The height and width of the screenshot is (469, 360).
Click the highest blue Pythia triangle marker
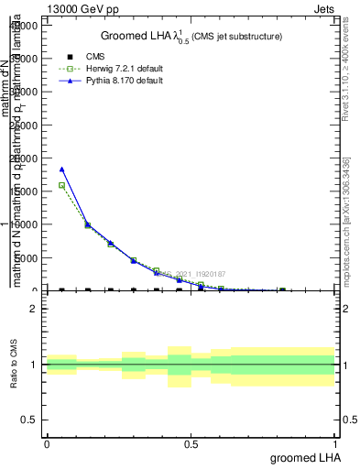[x=61, y=169]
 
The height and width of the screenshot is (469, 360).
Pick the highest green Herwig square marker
[x=61, y=185]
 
